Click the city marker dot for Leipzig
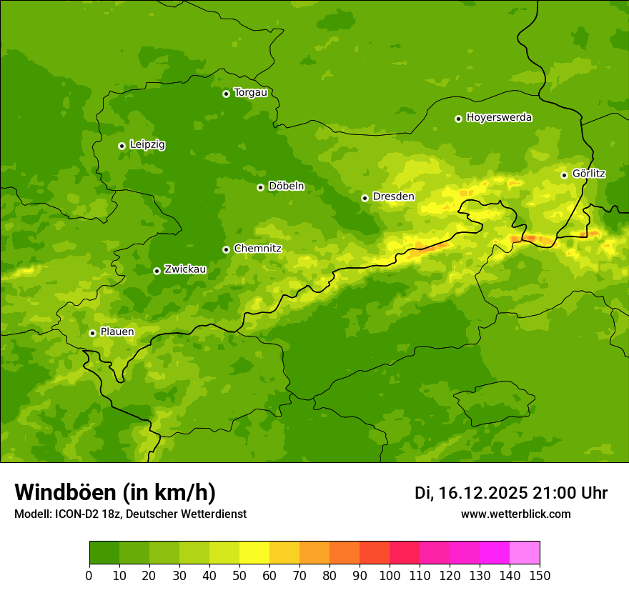coord(122,146)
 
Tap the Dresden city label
coord(393,196)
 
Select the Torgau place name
coord(250,92)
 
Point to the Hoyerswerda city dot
coord(458,119)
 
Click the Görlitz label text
coord(588,174)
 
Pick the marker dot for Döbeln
coord(260,187)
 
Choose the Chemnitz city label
coord(257,249)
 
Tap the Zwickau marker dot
coord(157,271)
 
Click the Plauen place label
coord(117,332)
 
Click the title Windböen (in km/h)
coord(115,493)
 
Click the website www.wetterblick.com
coord(515,514)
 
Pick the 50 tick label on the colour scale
coord(239,575)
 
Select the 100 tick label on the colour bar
coord(389,575)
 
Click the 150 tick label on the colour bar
coord(539,575)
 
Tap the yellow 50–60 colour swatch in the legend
coord(254,553)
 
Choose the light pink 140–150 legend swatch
coord(525,553)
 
